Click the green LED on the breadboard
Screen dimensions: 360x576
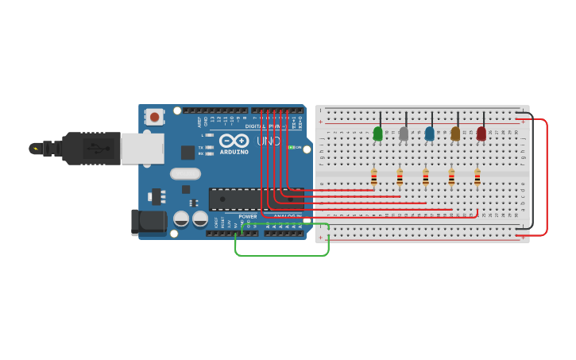(378, 134)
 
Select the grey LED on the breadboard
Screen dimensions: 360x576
(404, 134)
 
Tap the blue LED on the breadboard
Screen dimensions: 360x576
(430, 134)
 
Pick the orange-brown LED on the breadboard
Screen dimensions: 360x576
(455, 134)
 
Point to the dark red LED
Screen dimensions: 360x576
(481, 134)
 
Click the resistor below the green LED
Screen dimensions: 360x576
(373, 177)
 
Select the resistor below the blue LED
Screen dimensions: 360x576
(425, 177)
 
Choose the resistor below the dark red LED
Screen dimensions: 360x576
(477, 177)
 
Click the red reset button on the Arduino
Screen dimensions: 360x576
(154, 117)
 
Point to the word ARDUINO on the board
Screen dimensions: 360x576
(234, 152)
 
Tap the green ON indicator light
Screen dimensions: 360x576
(292, 147)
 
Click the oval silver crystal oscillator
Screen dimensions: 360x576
(185, 173)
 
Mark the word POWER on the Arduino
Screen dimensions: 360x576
(248, 216)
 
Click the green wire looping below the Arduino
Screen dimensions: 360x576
(282, 255)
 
